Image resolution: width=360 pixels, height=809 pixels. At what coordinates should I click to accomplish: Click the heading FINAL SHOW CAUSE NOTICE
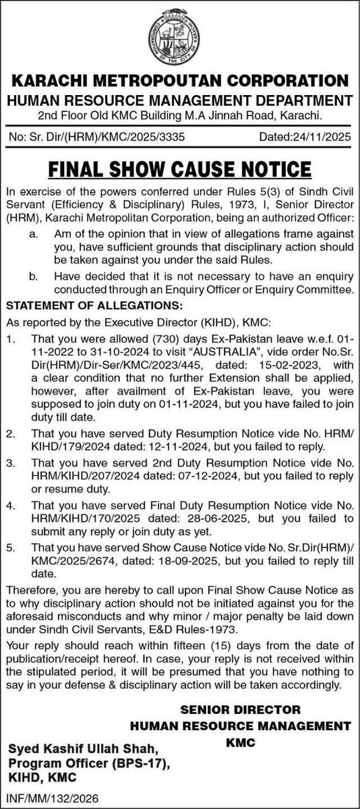coord(180,164)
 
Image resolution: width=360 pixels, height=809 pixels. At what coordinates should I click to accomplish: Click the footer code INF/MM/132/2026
coord(51,798)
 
